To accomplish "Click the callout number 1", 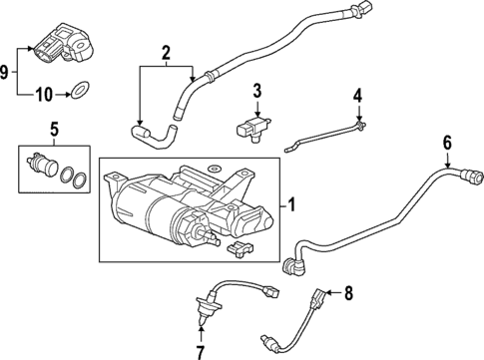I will [x=291, y=205].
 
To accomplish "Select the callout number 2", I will [x=167, y=51].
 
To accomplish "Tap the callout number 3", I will [x=256, y=93].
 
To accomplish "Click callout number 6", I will [x=448, y=143].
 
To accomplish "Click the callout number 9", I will [x=8, y=72].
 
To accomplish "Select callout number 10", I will [x=43, y=96].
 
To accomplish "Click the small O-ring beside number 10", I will [x=76, y=96].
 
